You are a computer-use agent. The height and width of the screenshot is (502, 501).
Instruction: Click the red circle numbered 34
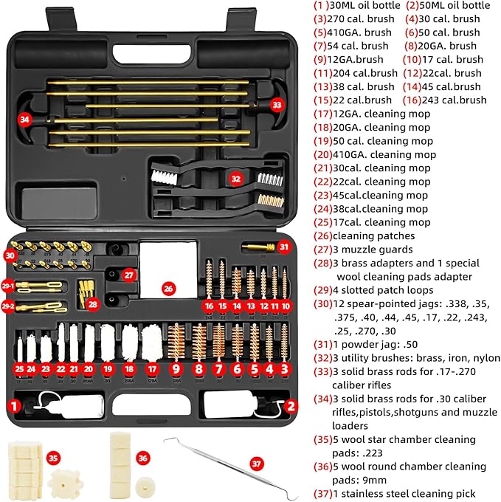click(x=26, y=119)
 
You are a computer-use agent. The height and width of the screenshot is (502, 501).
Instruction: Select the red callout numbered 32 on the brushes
click(x=235, y=178)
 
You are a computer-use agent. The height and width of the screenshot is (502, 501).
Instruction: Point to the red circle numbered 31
click(x=284, y=246)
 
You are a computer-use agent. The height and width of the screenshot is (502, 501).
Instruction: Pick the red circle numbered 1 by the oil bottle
click(x=13, y=405)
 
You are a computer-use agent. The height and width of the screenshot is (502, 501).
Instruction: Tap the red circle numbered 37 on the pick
click(x=256, y=464)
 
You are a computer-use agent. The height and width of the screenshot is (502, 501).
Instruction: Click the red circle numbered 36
click(x=142, y=458)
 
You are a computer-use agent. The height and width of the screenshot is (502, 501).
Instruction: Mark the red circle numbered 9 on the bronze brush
click(x=176, y=368)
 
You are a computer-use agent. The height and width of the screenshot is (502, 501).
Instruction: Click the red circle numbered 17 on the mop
click(x=153, y=368)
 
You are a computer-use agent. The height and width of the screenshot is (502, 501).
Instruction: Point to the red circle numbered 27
click(x=128, y=275)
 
